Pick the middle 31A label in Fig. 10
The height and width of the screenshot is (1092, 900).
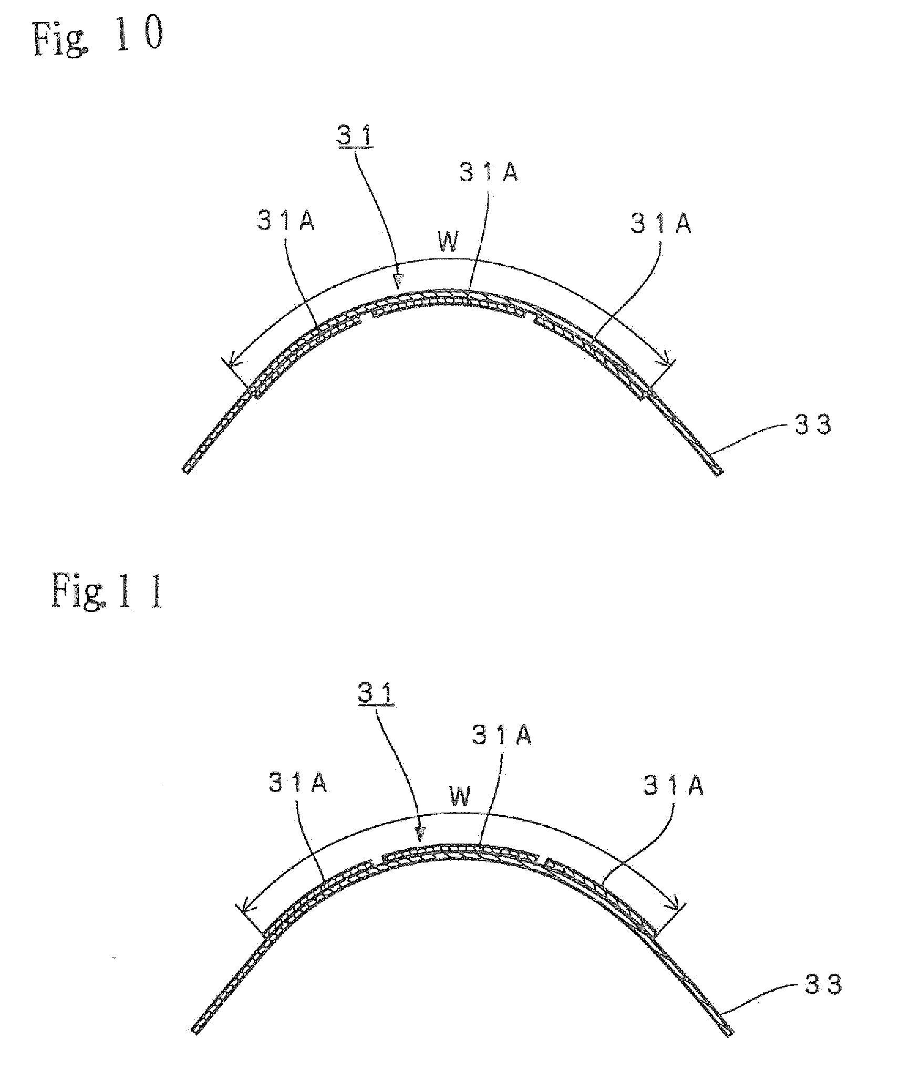pos(489,173)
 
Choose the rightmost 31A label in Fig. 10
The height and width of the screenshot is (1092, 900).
pos(661,224)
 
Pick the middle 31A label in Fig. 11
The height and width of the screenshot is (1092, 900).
pos(502,735)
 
